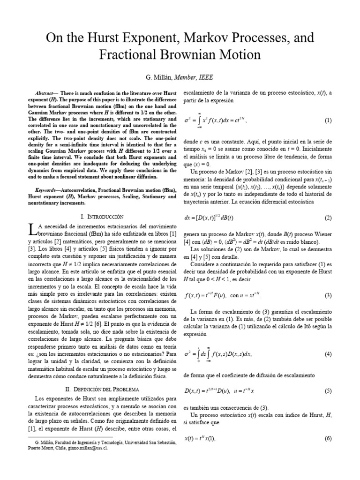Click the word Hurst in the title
point(112,37)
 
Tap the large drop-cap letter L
point(32,230)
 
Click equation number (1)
point(328,120)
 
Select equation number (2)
point(328,205)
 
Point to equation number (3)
point(328,295)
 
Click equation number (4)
point(328,354)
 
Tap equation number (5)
point(328,391)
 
